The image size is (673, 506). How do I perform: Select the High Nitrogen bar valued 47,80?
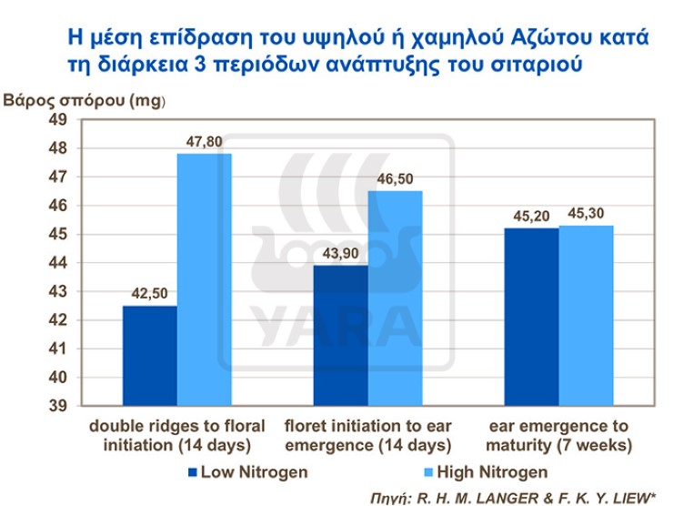point(205,279)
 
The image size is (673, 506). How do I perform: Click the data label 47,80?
point(206,142)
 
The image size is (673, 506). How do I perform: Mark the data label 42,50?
point(150,294)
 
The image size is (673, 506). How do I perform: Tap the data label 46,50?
point(397,179)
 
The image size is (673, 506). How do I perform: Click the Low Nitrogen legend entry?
point(245,471)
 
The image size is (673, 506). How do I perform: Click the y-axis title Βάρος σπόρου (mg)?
point(85,100)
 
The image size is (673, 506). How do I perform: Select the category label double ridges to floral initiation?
point(176,436)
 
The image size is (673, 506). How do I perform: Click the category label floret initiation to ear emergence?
point(367,436)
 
